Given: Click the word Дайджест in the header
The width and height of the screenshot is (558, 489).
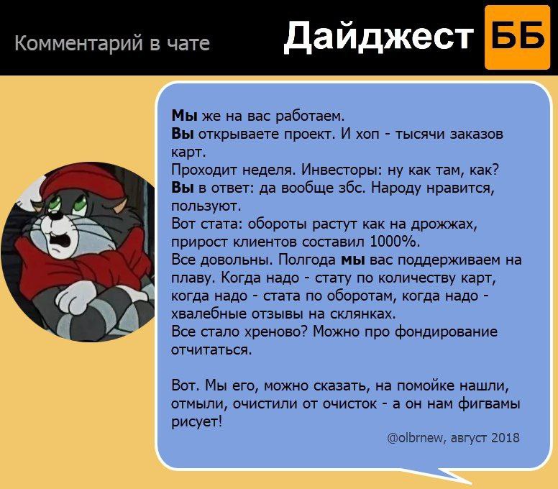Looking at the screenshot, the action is [x=380, y=36].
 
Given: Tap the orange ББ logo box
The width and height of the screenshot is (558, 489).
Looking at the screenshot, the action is [x=518, y=37].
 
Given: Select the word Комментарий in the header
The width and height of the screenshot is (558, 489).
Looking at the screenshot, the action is [x=78, y=43].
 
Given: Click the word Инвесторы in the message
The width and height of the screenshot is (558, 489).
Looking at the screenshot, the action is [x=339, y=170].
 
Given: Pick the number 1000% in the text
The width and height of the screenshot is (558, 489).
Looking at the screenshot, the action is [x=395, y=242].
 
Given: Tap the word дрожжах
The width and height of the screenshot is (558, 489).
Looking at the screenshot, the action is [x=444, y=224].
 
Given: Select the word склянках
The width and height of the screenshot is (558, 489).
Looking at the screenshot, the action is [x=363, y=314].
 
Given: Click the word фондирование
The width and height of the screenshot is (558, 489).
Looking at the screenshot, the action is [x=447, y=332].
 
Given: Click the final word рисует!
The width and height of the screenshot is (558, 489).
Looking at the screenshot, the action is [x=196, y=422].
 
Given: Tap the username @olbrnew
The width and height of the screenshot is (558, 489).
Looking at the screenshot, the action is [x=415, y=437].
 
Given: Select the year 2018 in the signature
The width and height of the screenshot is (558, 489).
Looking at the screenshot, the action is [x=506, y=437].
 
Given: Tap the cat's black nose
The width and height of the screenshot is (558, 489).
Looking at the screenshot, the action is [x=54, y=216].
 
